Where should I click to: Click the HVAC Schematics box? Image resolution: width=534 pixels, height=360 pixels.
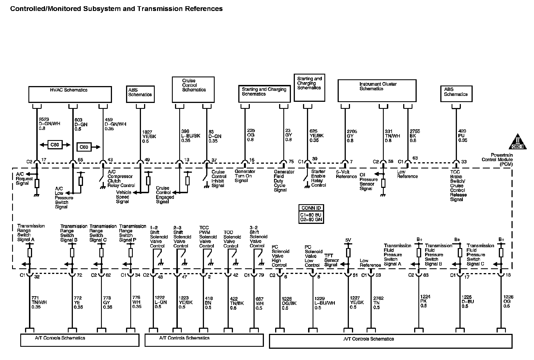pyautogui.click(x=70, y=94)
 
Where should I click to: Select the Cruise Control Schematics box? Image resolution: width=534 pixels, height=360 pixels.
pyautogui.click(x=193, y=89)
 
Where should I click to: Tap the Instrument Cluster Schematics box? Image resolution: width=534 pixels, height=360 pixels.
pyautogui.click(x=377, y=90)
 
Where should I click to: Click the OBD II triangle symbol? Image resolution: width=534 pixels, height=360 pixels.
pyautogui.click(x=518, y=142)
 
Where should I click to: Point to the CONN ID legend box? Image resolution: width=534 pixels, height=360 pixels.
pyautogui.click(x=311, y=214)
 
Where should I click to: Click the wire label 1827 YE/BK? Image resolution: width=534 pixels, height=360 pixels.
pyautogui.click(x=149, y=136)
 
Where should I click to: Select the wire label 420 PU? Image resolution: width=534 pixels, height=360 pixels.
pyautogui.click(x=463, y=136)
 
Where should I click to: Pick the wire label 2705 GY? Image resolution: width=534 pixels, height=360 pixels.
pyautogui.click(x=352, y=136)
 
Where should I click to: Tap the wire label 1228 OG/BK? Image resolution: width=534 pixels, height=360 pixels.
pyautogui.click(x=289, y=303)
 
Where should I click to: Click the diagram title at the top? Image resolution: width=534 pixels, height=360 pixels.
pyautogui.click(x=116, y=9)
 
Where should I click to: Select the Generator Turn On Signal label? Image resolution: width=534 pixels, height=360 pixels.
pyautogui.click(x=245, y=176)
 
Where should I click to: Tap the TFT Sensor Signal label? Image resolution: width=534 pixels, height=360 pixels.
pyautogui.click(x=331, y=260)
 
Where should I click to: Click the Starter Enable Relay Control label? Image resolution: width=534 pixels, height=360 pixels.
pyautogui.click(x=318, y=178)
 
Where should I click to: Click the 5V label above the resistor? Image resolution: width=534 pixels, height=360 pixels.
pyautogui.click(x=348, y=240)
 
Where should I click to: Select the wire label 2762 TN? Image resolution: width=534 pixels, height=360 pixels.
pyautogui.click(x=378, y=303)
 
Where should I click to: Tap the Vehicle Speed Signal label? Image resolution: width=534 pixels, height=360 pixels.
pyautogui.click(x=124, y=197)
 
